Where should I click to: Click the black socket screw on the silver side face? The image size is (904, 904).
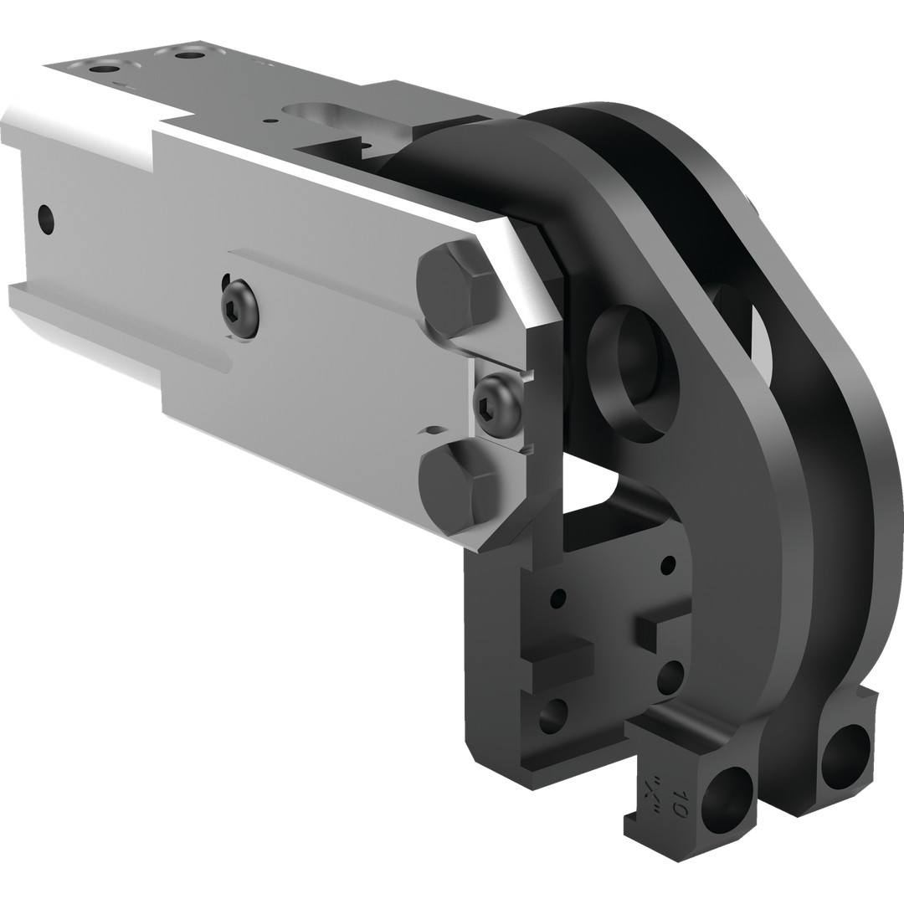(241, 309)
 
